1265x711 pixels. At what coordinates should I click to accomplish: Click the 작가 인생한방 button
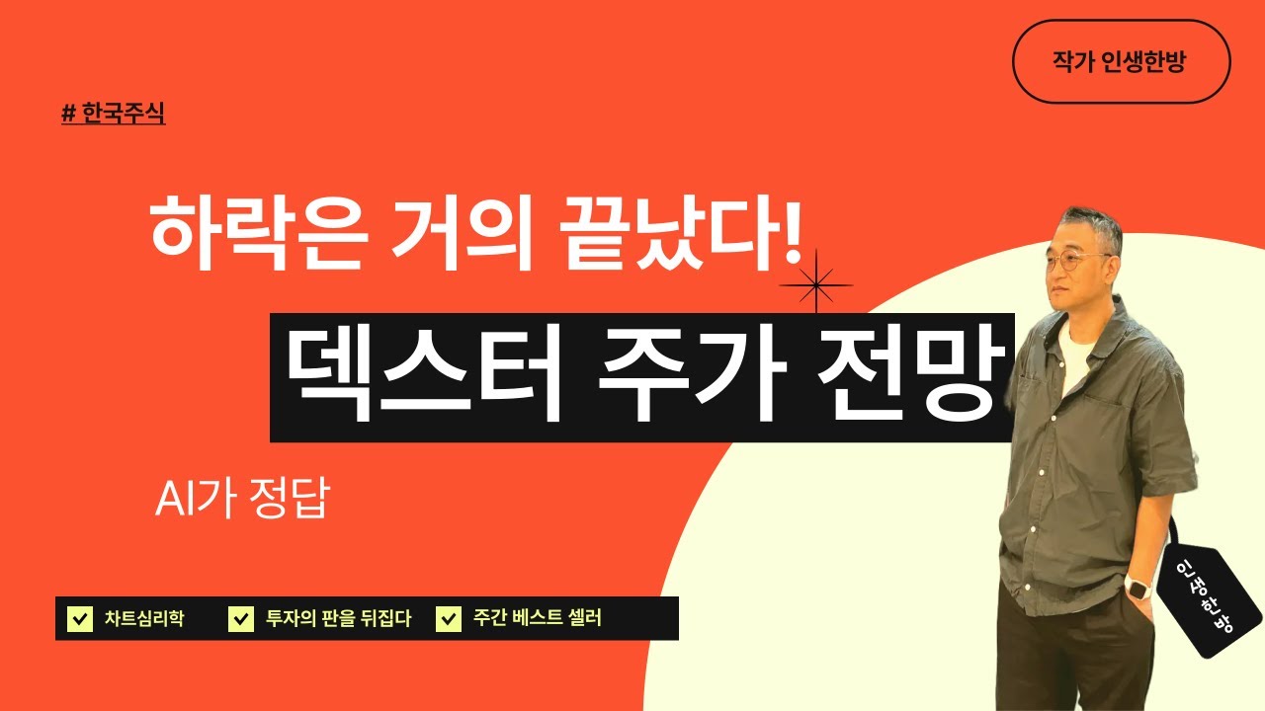(1121, 61)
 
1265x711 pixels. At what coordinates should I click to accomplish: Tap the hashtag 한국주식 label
(113, 114)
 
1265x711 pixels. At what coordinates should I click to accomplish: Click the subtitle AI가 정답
(241, 500)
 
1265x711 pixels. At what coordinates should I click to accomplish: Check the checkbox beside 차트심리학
(78, 619)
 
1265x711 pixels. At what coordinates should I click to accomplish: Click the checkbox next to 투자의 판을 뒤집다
(240, 619)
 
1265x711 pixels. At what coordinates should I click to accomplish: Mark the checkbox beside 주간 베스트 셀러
(449, 619)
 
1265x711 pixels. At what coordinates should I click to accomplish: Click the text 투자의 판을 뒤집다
(338, 619)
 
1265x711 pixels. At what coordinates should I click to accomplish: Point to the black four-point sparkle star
(815, 285)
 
